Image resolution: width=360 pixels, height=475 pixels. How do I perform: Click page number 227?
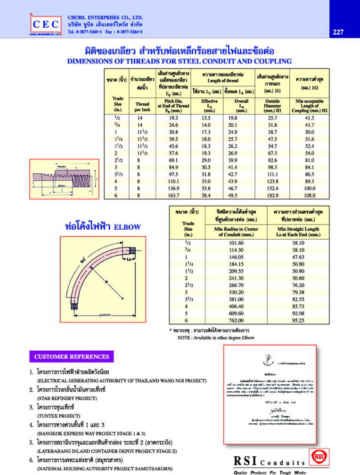(x=337, y=32)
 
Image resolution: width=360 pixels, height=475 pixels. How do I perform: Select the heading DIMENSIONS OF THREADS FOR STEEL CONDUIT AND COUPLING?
(x=180, y=61)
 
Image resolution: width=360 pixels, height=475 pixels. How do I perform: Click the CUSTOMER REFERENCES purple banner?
(x=72, y=356)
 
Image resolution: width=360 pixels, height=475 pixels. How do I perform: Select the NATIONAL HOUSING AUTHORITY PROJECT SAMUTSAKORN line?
(x=104, y=469)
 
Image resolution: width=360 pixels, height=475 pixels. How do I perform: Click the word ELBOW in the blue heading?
(x=127, y=227)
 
